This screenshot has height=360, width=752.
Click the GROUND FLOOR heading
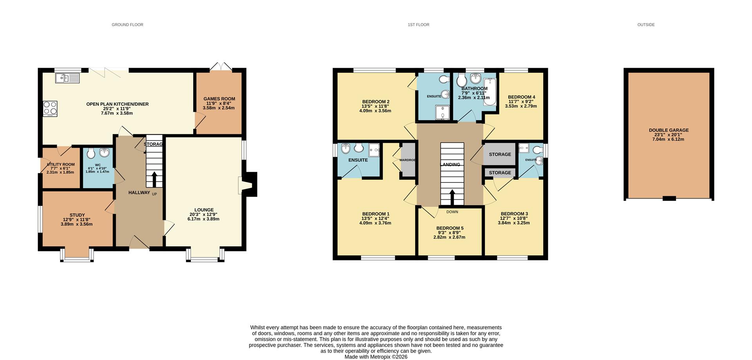point(127,25)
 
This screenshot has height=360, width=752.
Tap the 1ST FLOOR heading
point(418,25)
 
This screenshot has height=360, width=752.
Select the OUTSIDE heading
point(646,25)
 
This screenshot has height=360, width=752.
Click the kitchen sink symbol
point(67,78)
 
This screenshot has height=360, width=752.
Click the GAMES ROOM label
point(219,99)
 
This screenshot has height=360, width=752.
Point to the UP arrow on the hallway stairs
point(154,179)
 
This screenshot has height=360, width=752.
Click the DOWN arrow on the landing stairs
point(452,197)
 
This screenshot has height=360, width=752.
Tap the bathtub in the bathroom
point(489,92)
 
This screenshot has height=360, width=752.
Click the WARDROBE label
point(407,160)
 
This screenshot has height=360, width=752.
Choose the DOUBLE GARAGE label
point(669,130)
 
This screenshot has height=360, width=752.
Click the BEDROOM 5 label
point(450,228)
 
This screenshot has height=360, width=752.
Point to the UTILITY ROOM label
point(60,165)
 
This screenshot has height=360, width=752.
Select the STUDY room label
point(77,215)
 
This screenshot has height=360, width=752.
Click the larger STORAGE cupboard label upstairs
point(500,154)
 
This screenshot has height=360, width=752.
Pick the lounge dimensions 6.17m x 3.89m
point(203,219)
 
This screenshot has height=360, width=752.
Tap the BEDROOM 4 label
point(521,97)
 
